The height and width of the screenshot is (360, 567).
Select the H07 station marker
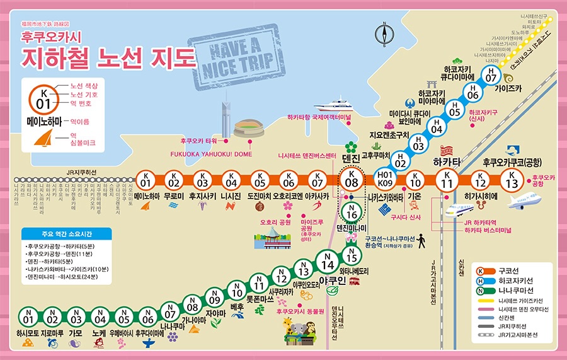(491, 74)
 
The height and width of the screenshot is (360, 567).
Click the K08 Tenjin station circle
(352, 180)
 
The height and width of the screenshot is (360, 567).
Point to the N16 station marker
(352, 211)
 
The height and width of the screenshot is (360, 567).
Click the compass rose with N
(384, 35)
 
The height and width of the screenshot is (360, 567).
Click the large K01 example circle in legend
(43, 100)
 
